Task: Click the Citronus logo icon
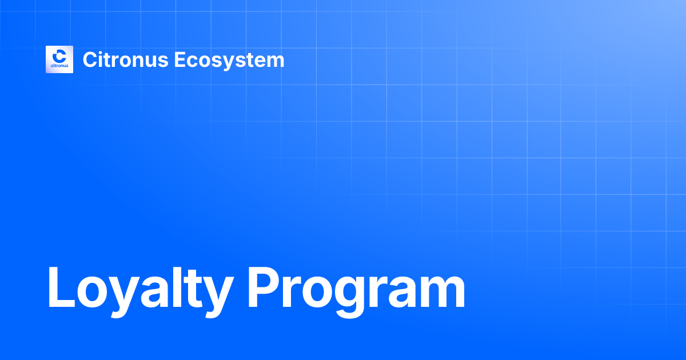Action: point(59,59)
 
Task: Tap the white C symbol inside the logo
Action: point(59,56)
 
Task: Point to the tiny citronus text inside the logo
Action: point(59,66)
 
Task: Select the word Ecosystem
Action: point(229,59)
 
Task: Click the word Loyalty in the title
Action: point(138,289)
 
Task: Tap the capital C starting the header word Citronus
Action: point(89,59)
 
